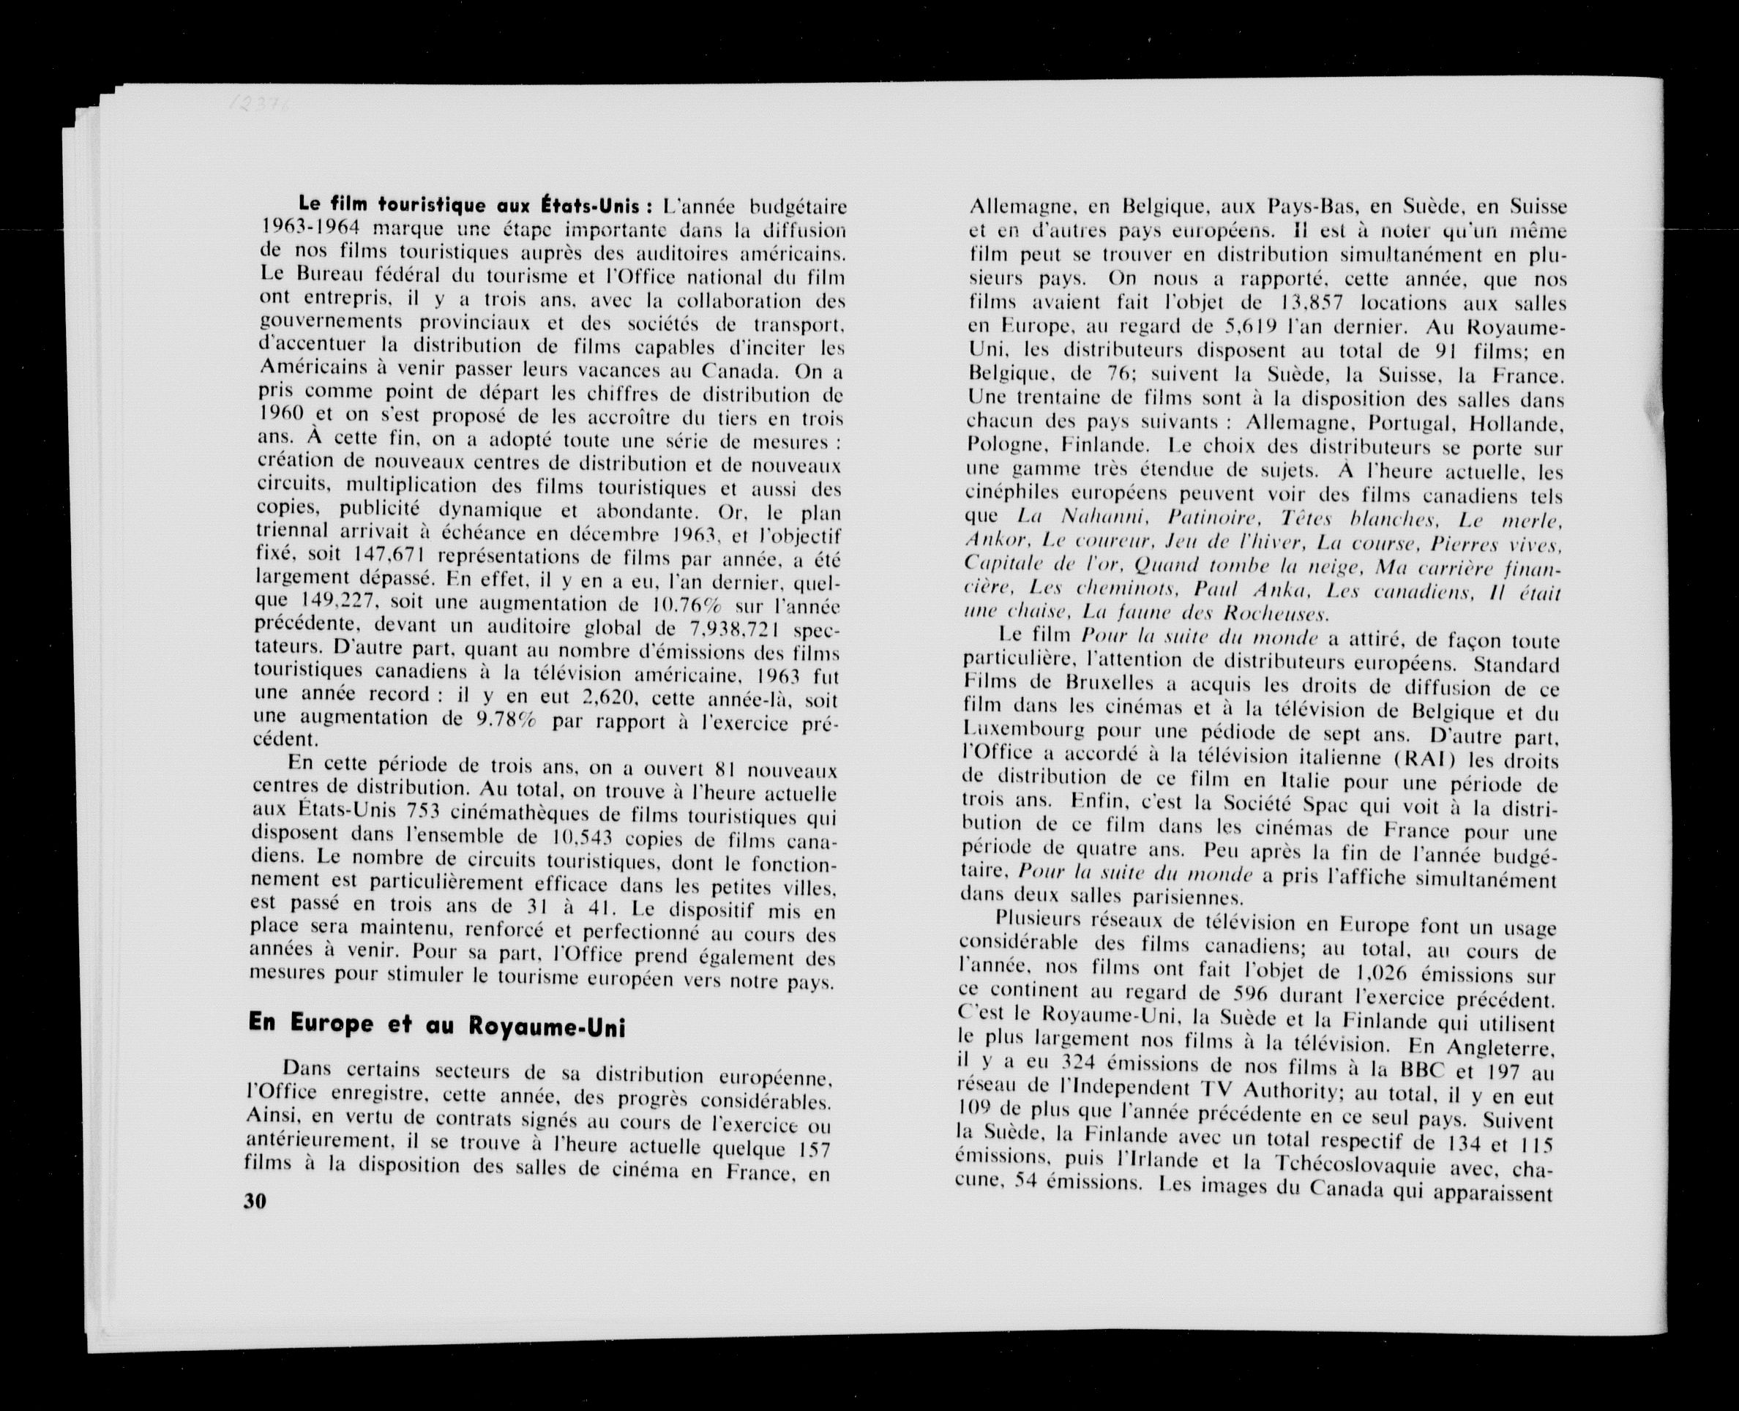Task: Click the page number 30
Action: [x=255, y=1201]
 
